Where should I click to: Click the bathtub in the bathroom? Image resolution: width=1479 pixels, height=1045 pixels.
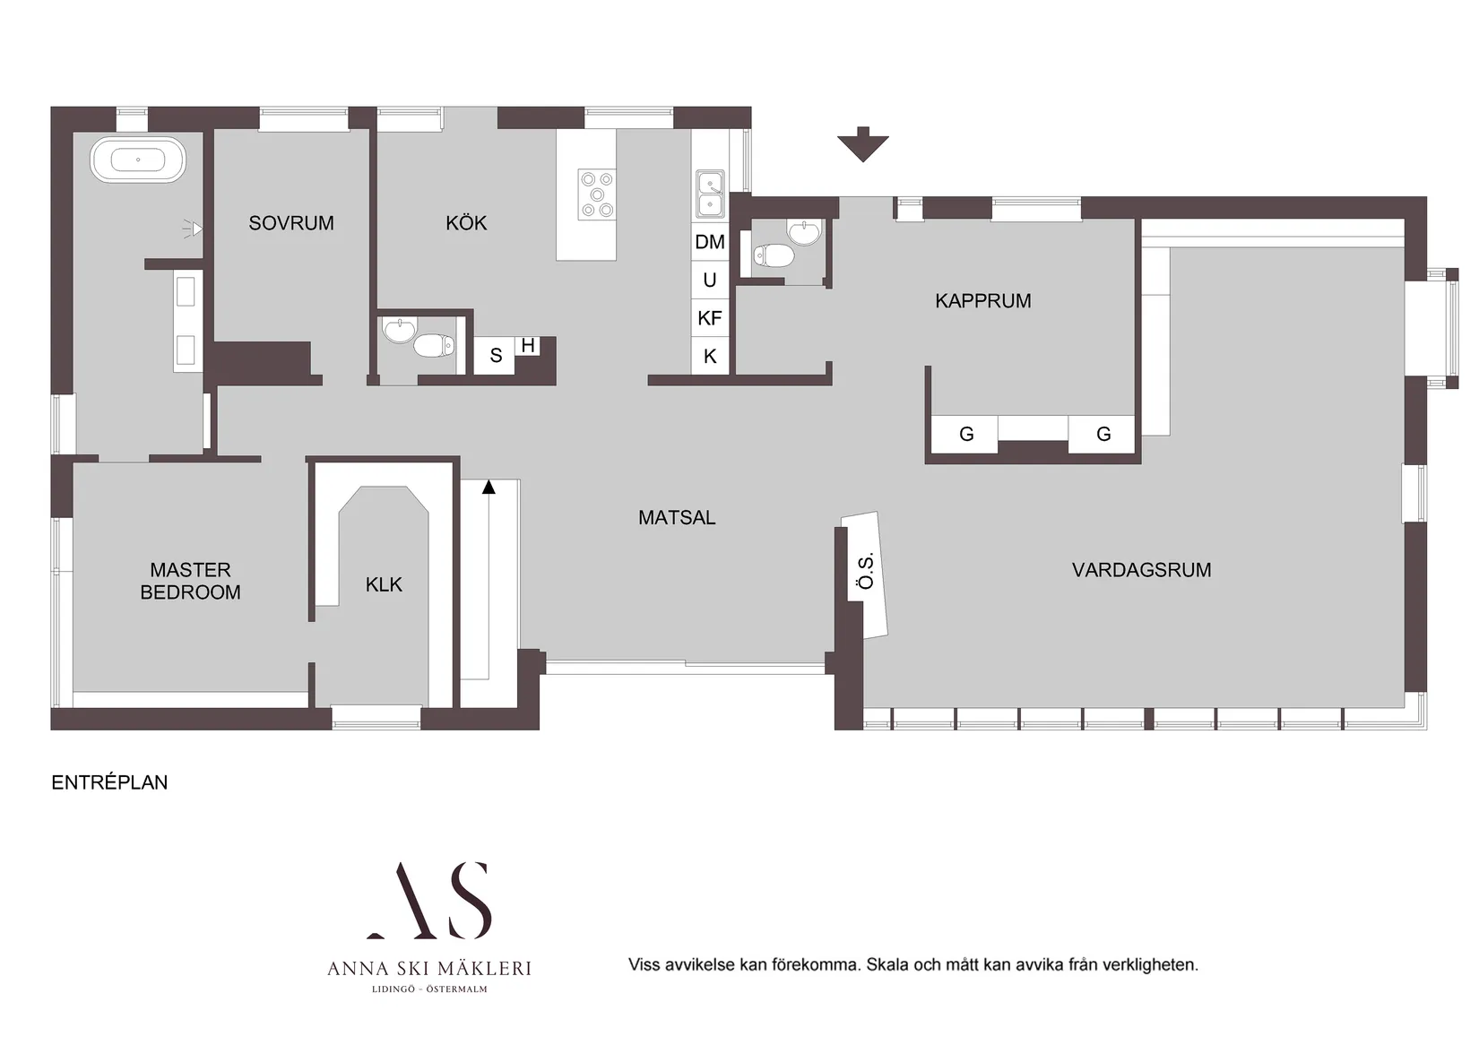tap(138, 160)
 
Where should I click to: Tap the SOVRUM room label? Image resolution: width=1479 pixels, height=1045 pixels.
tap(291, 223)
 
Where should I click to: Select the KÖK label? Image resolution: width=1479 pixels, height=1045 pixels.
tap(466, 223)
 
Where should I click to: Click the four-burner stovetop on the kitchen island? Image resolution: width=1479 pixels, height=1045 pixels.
tap(597, 194)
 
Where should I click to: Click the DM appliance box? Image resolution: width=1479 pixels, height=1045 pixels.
tap(710, 242)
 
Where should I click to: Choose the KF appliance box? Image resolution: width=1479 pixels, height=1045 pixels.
tap(710, 318)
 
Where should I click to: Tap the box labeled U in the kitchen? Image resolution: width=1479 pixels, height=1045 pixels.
tap(710, 281)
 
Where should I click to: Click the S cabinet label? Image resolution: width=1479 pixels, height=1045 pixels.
tap(496, 356)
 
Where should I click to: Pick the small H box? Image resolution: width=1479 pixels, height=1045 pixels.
tap(528, 345)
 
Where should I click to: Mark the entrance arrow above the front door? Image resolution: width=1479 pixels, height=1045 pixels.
tap(863, 144)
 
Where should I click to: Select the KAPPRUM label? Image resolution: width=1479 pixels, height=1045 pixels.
tap(983, 301)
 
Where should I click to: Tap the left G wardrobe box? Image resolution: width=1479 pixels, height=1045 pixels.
tap(966, 435)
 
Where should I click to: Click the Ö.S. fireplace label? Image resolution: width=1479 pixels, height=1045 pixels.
tap(865, 571)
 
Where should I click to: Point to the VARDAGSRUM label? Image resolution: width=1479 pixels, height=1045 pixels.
tap(1141, 570)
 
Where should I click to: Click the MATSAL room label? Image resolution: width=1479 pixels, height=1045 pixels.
tap(677, 518)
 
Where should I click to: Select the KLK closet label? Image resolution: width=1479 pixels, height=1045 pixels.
tap(384, 585)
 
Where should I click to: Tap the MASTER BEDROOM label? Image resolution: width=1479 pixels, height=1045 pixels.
tap(190, 581)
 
